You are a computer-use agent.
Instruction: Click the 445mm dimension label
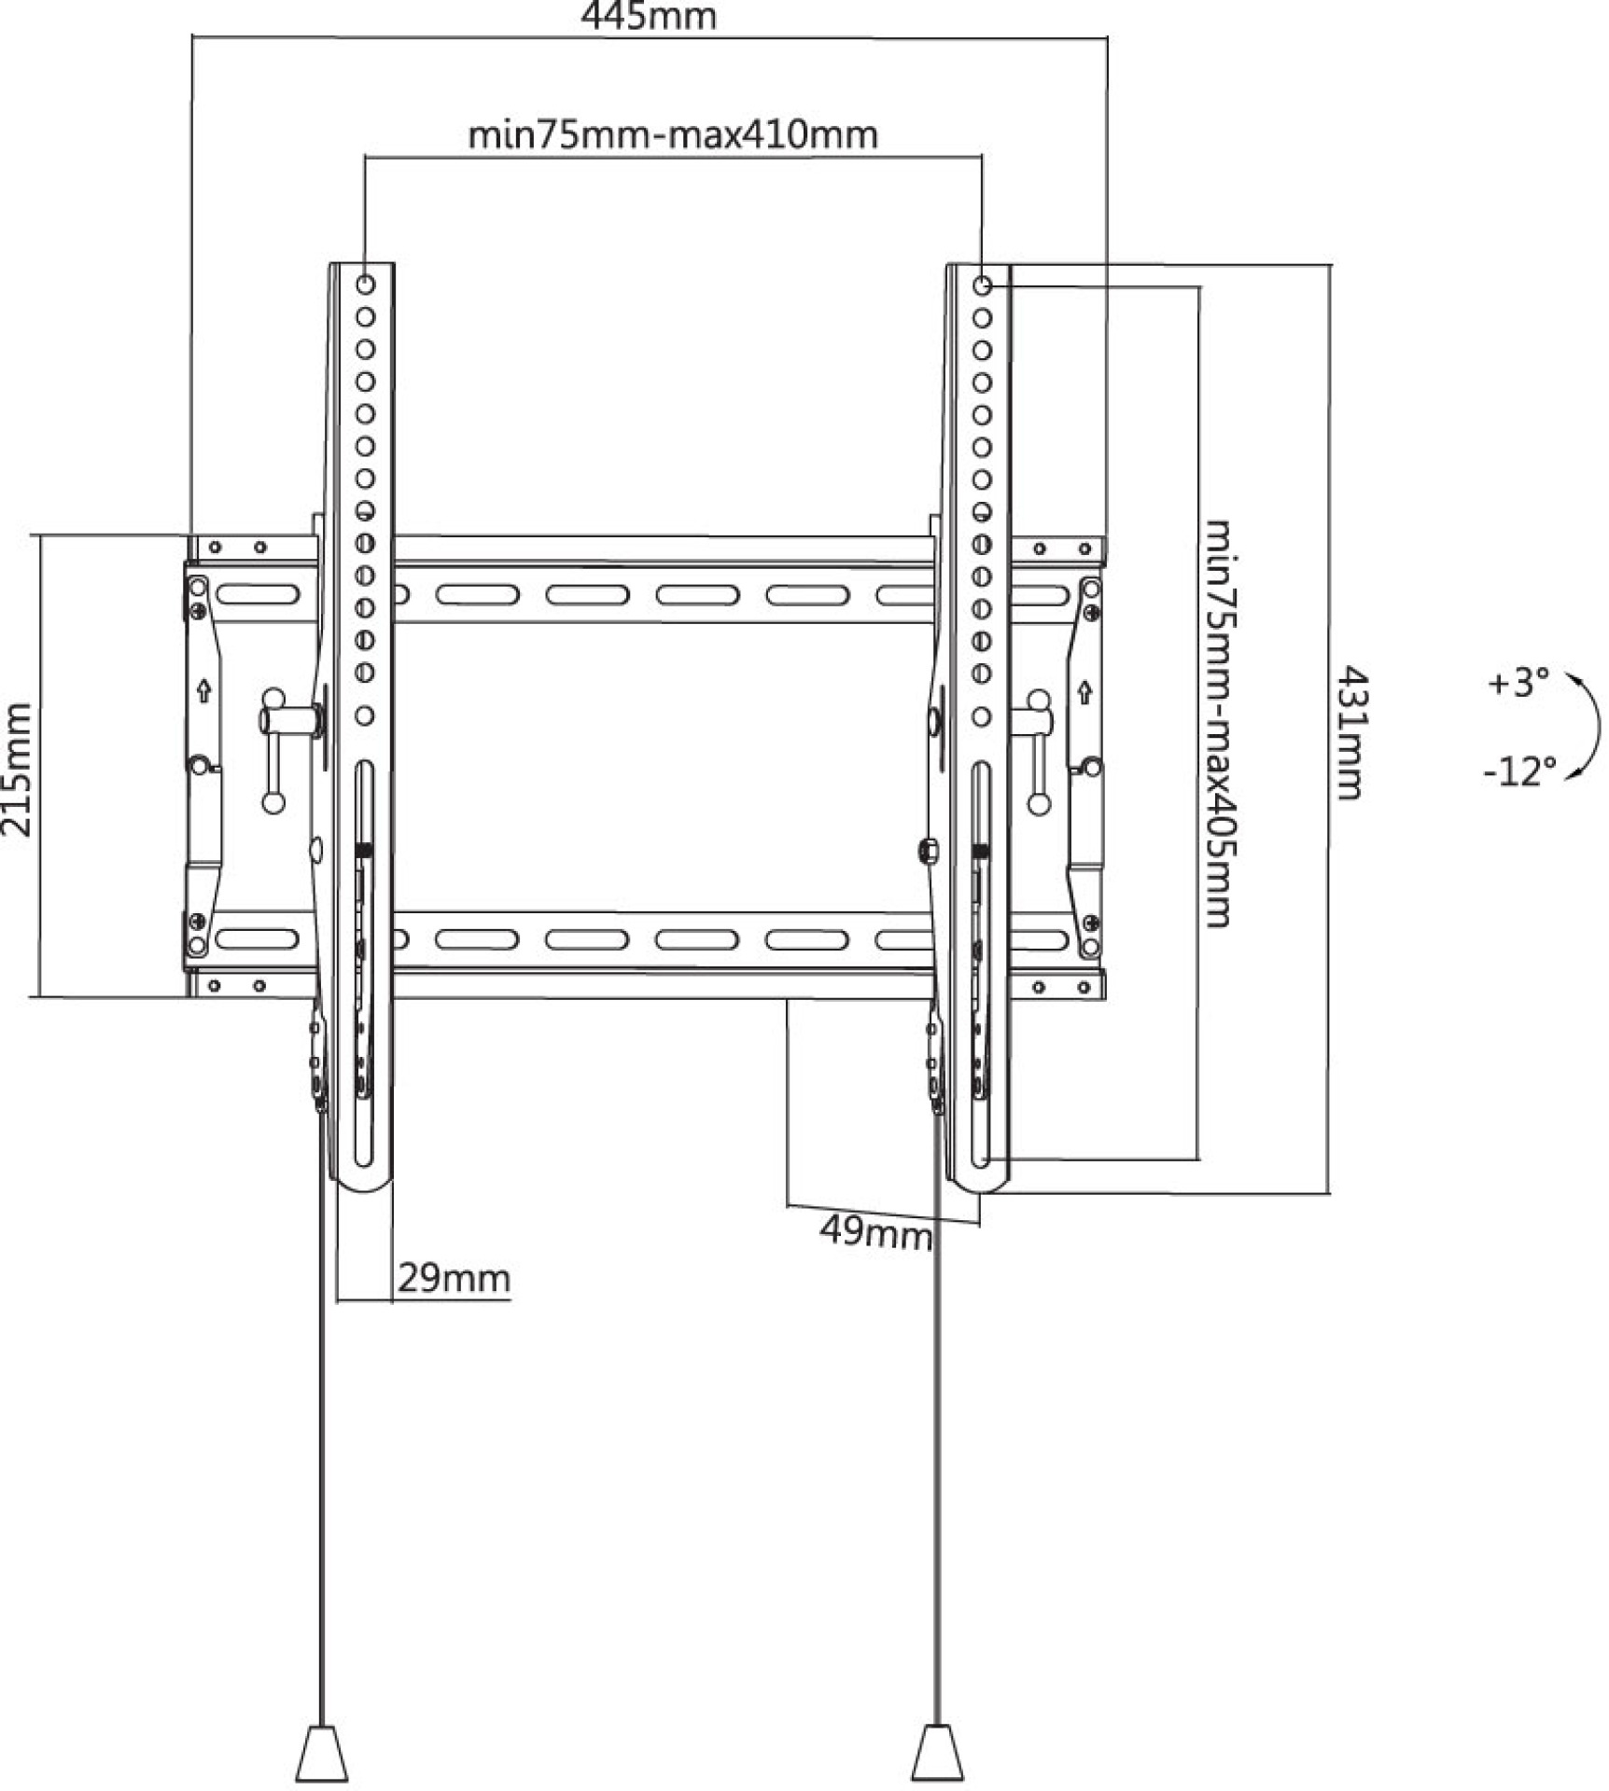[649, 16]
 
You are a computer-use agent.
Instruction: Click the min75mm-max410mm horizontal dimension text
[672, 135]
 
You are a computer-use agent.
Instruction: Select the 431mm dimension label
[1350, 732]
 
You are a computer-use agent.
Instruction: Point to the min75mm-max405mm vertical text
[1220, 723]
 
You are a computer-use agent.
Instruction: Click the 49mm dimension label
[875, 1233]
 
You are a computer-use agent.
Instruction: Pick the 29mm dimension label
[454, 1277]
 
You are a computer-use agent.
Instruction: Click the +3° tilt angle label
[1518, 683]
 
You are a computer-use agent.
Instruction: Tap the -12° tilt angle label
[1519, 771]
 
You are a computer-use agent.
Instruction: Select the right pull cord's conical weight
[937, 1754]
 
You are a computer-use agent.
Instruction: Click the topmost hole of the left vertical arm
[365, 284]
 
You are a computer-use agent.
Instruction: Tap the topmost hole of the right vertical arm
[982, 285]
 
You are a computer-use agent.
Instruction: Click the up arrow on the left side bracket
[204, 691]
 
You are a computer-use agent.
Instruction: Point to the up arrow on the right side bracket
[1084, 692]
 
